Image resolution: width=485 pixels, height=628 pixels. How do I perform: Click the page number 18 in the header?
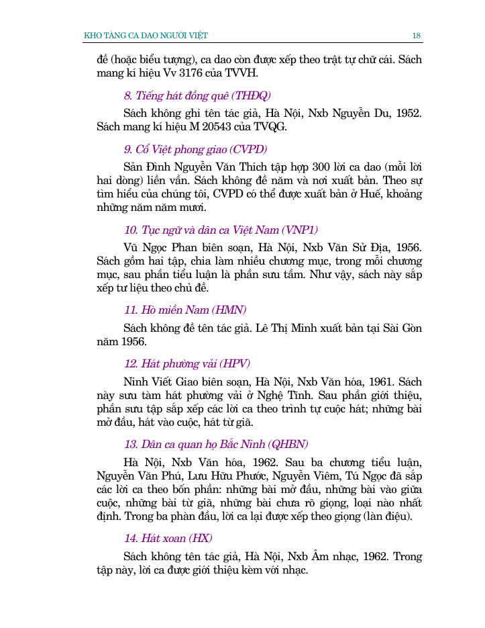click(x=417, y=35)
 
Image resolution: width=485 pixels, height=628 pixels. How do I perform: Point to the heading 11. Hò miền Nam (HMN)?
click(x=185, y=310)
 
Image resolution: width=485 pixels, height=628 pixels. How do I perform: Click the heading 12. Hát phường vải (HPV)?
click(x=187, y=363)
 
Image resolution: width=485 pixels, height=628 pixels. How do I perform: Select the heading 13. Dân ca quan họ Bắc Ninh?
click(x=216, y=444)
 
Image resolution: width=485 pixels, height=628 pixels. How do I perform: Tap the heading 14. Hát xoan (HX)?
click(x=168, y=538)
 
